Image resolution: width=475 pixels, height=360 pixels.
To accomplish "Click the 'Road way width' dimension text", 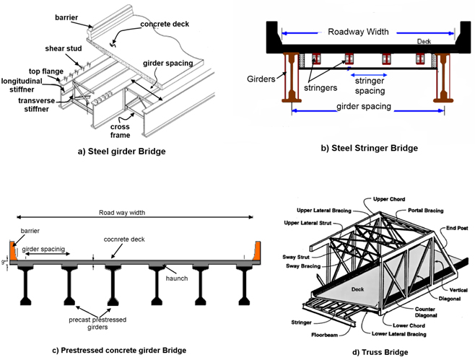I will [123, 213].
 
